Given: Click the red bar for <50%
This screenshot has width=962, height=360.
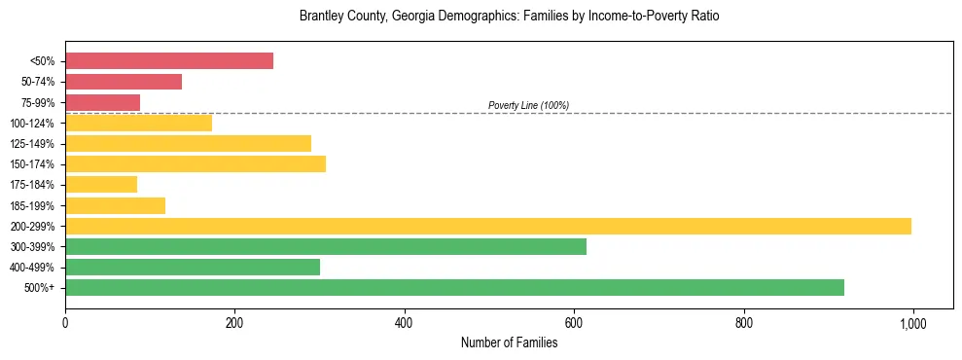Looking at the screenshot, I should pyautogui.click(x=169, y=61).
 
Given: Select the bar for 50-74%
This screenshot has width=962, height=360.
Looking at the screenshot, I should pyautogui.click(x=124, y=82).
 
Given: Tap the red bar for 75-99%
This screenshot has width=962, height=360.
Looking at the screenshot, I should pyautogui.click(x=102, y=102).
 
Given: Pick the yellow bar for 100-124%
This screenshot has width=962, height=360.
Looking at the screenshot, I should pyautogui.click(x=138, y=123).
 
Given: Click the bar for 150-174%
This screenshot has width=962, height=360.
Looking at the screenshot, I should pyautogui.click(x=196, y=163).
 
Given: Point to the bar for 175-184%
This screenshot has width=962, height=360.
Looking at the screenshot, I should pyautogui.click(x=101, y=184).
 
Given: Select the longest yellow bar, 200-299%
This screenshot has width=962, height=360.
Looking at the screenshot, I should pyautogui.click(x=488, y=226).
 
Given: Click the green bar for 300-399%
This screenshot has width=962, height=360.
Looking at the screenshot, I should pyautogui.click(x=326, y=246).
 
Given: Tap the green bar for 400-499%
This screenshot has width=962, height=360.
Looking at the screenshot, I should pyautogui.click(x=193, y=267).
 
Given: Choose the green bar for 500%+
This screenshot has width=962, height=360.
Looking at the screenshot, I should pyautogui.click(x=454, y=287).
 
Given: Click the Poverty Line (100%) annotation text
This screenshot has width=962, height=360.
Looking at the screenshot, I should pyautogui.click(x=528, y=105).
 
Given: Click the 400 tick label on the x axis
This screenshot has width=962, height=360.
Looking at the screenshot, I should pyautogui.click(x=404, y=322).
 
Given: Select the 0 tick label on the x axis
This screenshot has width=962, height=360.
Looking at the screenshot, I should pyautogui.click(x=65, y=322).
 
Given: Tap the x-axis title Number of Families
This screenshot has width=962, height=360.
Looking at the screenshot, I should pyautogui.click(x=509, y=342).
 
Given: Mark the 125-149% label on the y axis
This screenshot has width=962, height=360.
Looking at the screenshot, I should pyautogui.click(x=35, y=144).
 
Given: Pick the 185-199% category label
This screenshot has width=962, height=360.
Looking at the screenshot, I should pyautogui.click(x=35, y=205).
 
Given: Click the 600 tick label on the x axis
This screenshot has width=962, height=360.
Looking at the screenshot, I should pyautogui.click(x=574, y=322).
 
